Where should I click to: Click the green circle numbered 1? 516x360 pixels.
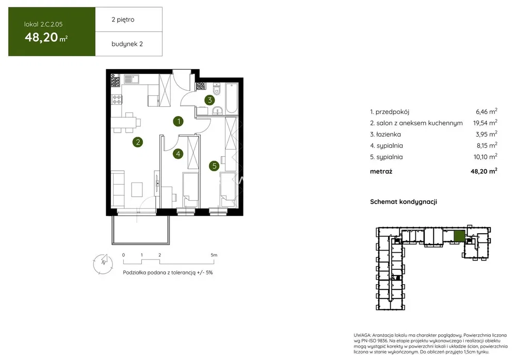click(x=179, y=121)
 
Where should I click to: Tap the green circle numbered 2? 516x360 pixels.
click(x=138, y=142)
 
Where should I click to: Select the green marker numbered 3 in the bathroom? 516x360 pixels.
click(x=209, y=100)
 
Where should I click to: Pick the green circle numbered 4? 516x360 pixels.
click(x=178, y=153)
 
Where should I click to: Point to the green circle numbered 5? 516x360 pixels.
click(x=214, y=166)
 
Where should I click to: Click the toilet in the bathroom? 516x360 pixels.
click(x=216, y=89)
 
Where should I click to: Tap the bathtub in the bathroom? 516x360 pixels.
click(x=232, y=98)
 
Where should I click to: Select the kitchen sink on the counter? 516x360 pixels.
click(x=132, y=79)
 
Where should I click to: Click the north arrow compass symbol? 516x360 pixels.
click(x=103, y=264)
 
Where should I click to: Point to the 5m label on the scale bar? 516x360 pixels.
click(x=214, y=255)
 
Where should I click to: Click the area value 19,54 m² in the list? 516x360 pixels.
click(x=485, y=123)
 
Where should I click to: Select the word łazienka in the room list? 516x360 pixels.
click(x=389, y=134)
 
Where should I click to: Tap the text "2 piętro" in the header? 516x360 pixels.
click(x=123, y=20)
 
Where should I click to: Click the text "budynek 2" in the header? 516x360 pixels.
click(x=127, y=44)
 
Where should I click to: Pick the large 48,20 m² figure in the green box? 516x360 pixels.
click(x=46, y=37)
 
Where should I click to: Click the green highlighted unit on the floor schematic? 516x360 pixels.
click(x=459, y=236)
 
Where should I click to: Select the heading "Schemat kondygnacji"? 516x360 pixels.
click(x=404, y=202)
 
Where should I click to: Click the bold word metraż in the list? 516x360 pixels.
click(x=381, y=171)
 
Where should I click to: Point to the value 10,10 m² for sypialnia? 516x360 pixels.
click(x=486, y=157)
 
